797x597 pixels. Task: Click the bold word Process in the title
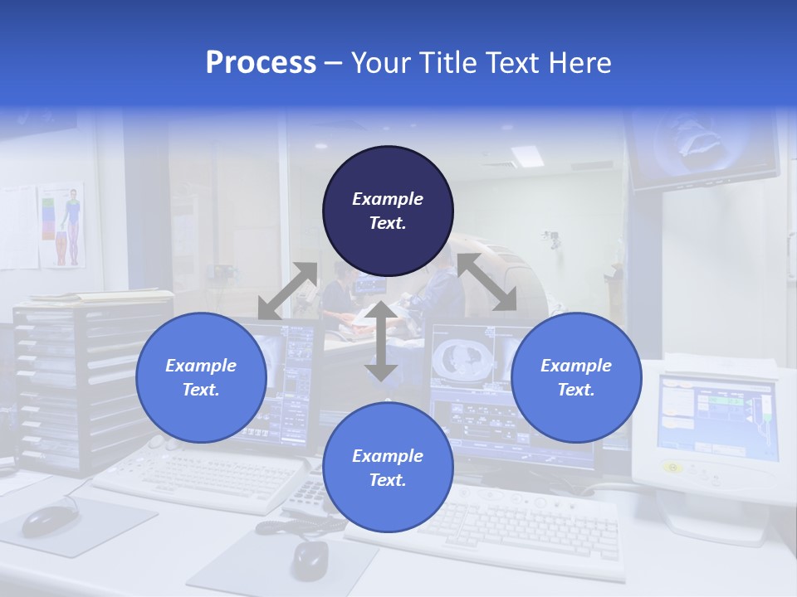pyautogui.click(x=261, y=63)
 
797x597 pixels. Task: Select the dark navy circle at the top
pyautogui.click(x=388, y=211)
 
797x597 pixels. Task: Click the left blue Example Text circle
pyautogui.click(x=201, y=377)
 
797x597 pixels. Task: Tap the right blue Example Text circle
pyautogui.click(x=576, y=377)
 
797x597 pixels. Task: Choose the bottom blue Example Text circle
pyautogui.click(x=388, y=468)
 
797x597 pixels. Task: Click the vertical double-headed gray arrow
pyautogui.click(x=381, y=341)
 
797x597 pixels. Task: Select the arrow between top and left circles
pyautogui.click(x=288, y=291)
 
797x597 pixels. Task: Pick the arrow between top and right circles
pyautogui.click(x=487, y=282)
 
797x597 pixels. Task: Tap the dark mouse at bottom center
pyautogui.click(x=310, y=561)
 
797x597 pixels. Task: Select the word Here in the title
pyautogui.click(x=582, y=63)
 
